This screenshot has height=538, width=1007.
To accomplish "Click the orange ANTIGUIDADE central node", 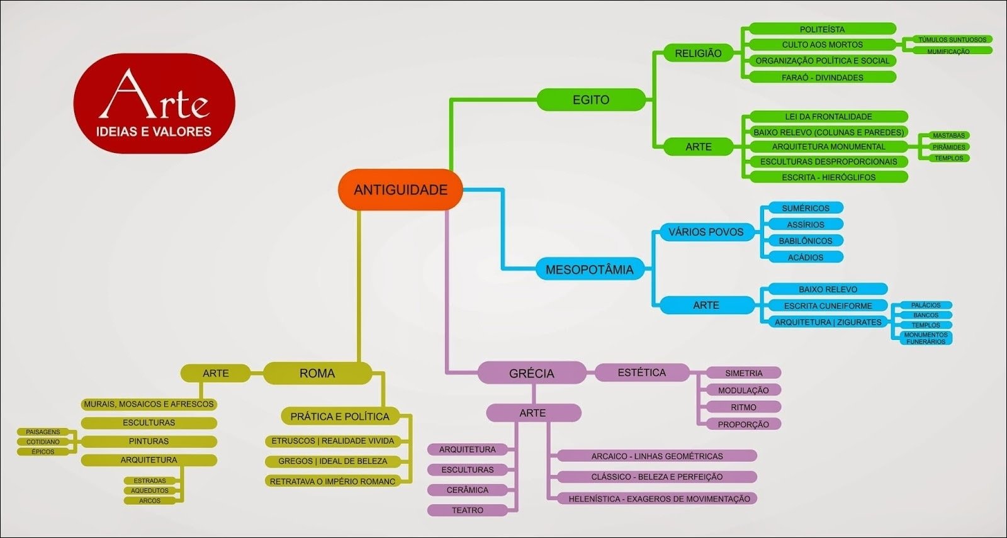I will pos(400,189).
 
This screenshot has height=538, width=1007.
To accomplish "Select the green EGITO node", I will pos(590,99).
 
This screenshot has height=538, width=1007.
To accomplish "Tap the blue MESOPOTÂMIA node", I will pos(589,269).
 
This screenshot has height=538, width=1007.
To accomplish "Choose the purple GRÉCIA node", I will pos(531,373).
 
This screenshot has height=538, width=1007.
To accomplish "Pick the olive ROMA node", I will pos(317,373).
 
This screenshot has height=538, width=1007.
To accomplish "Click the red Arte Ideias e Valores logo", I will pos(154,104).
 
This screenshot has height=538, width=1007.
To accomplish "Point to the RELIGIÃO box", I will pos(698,53).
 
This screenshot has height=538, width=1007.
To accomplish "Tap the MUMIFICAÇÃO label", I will pos(948,51).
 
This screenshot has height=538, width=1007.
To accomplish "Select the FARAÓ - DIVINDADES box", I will pos(822,77).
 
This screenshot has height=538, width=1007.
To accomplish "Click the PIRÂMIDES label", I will pos(948,147).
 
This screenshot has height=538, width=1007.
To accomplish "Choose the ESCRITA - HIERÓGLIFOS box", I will pos(828,177).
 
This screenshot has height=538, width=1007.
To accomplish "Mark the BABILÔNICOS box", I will pos(805,240).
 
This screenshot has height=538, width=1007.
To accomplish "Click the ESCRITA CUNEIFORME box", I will pos(828,305).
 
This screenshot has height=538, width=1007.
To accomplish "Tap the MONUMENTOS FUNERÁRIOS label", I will pos(925,338).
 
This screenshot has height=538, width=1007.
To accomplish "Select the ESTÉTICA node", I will pos(641,373).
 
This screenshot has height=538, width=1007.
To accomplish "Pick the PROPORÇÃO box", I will pos(743,424).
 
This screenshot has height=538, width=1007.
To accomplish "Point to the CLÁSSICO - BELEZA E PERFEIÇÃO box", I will pos(656,477).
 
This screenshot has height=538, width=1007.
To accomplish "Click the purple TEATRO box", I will pos(467,510).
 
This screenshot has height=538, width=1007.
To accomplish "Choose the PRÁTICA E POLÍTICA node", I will pos(339,416).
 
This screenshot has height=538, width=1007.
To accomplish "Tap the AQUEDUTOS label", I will pos(150,491).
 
